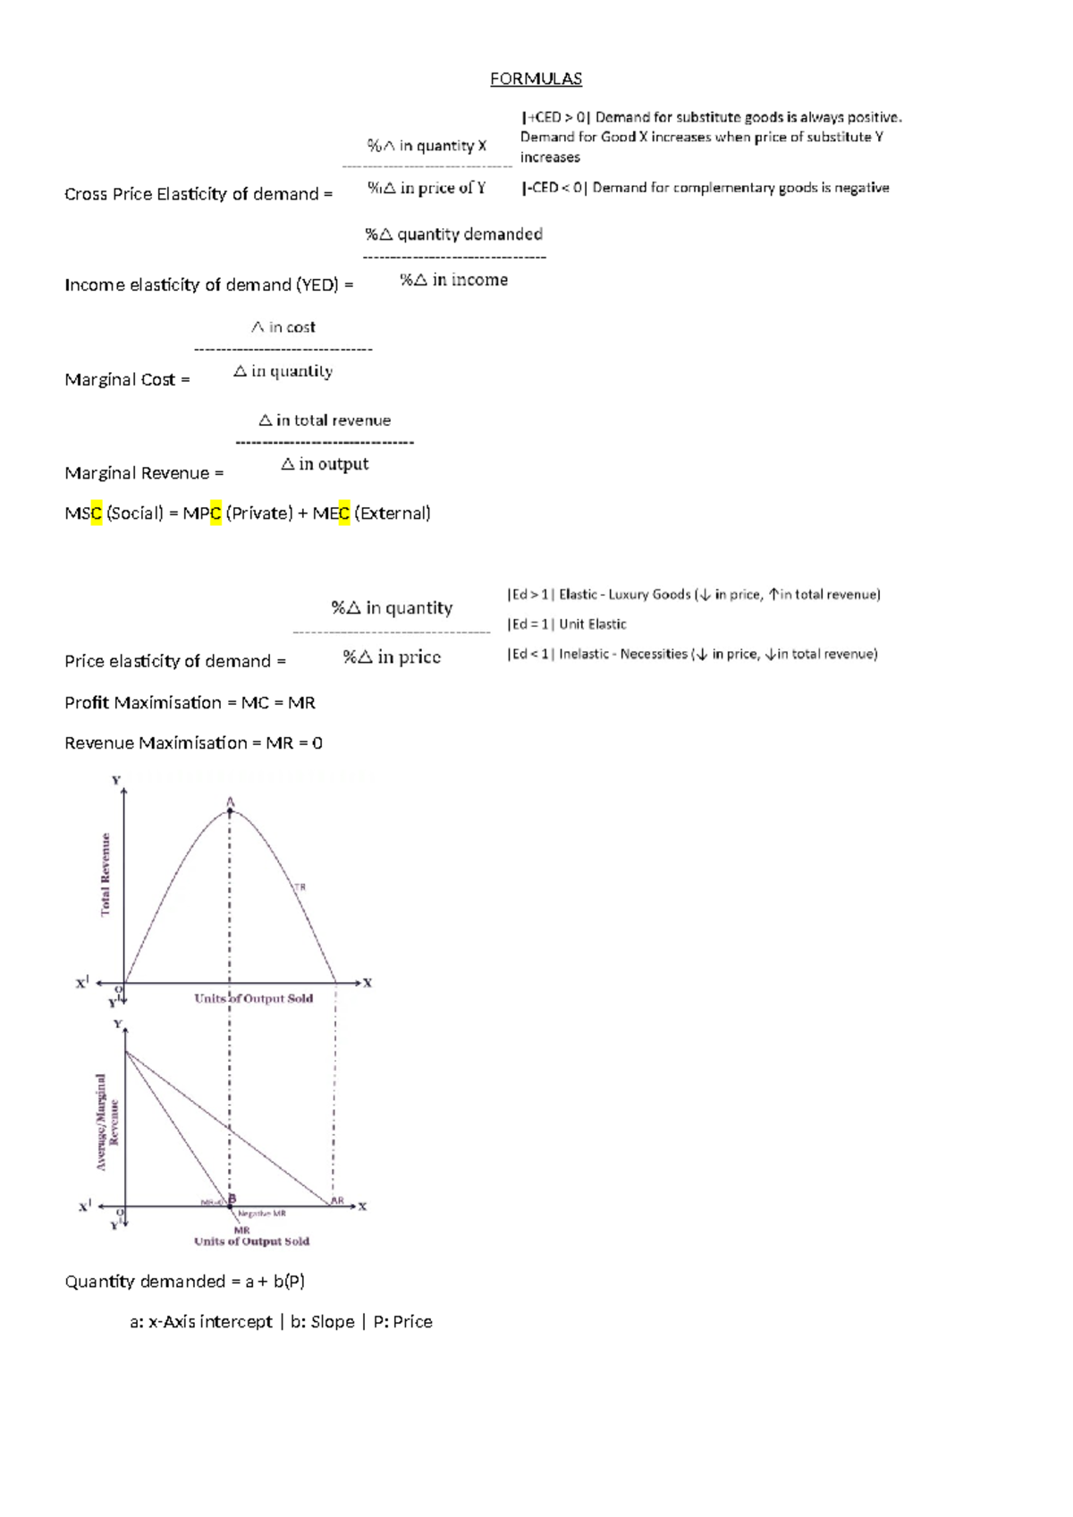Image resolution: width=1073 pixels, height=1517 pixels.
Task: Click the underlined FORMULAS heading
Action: pyautogui.click(x=536, y=79)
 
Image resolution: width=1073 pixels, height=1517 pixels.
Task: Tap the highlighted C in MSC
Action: pyautogui.click(x=97, y=513)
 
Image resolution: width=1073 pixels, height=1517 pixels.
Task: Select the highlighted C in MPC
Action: pyautogui.click(x=215, y=513)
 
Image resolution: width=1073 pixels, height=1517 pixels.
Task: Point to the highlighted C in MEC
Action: pyautogui.click(x=344, y=513)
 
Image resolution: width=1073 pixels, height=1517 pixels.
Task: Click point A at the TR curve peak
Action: pyautogui.click(x=230, y=810)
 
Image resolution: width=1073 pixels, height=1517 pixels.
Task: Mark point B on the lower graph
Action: pyautogui.click(x=232, y=1199)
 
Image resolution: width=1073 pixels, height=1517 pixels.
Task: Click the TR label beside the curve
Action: pyautogui.click(x=300, y=887)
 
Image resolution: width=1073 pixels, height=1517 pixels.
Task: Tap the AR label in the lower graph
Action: pyautogui.click(x=337, y=1200)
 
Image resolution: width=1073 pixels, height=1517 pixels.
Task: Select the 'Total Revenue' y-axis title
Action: pyautogui.click(x=106, y=874)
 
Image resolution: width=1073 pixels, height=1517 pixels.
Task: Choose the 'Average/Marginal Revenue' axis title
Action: pyautogui.click(x=107, y=1122)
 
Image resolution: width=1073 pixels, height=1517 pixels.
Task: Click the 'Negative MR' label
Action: pyautogui.click(x=262, y=1214)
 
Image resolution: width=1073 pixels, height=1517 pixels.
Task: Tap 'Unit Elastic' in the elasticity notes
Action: pyautogui.click(x=593, y=624)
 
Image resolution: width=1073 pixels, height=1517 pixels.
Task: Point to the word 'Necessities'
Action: pyautogui.click(x=654, y=655)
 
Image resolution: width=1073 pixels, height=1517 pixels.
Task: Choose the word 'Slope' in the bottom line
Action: pyautogui.click(x=333, y=1322)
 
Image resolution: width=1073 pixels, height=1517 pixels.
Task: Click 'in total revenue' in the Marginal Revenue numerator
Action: pyautogui.click(x=334, y=420)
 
